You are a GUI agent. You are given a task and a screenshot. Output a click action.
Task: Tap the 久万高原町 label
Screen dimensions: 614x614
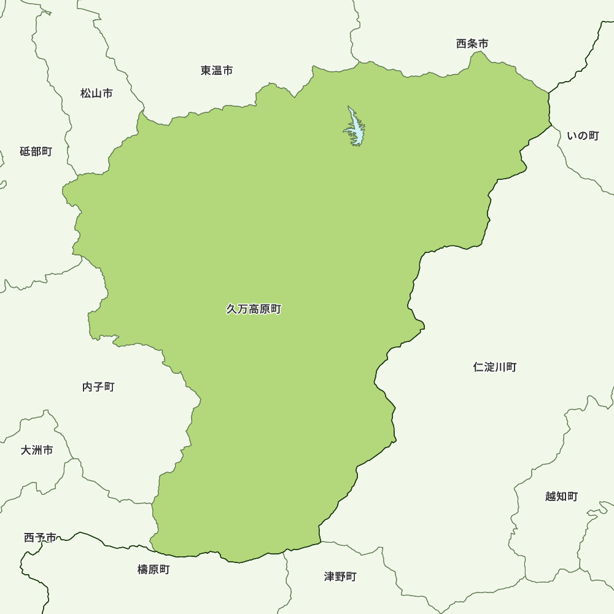pyautogui.click(x=254, y=309)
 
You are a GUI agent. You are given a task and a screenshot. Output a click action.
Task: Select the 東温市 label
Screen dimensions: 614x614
pyautogui.click(x=217, y=71)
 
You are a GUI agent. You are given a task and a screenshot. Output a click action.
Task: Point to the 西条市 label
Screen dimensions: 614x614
pyautogui.click(x=472, y=44)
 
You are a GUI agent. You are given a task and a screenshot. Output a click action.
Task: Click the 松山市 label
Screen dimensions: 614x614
pyautogui.click(x=96, y=93)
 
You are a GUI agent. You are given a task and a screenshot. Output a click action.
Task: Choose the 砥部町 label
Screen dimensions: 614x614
pyautogui.click(x=36, y=152)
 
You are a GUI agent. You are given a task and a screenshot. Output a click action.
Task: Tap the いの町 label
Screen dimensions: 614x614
pyautogui.click(x=583, y=136)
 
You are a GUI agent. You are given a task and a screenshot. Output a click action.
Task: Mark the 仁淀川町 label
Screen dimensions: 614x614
pyautogui.click(x=495, y=367)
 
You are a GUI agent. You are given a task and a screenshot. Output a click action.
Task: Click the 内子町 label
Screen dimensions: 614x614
pyautogui.click(x=98, y=387)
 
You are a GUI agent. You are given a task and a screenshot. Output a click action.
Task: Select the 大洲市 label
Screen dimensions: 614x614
pyautogui.click(x=37, y=450)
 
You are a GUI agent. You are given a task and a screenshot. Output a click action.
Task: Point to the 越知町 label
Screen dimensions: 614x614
pyautogui.click(x=561, y=496)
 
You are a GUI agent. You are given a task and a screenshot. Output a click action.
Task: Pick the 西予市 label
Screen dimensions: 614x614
pyautogui.click(x=40, y=538)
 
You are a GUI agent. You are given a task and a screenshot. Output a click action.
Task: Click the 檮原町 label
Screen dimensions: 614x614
pyautogui.click(x=153, y=570)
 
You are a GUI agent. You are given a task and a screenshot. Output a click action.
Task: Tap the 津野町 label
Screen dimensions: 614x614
pyautogui.click(x=340, y=577)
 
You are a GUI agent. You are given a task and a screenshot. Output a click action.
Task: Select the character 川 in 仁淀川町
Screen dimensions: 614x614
pyautogui.click(x=500, y=367)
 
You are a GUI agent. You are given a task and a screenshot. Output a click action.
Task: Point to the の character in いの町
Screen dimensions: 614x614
pyautogui.click(x=583, y=136)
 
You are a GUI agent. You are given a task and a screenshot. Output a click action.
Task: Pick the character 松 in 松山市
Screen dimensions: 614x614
pyautogui.click(x=85, y=93)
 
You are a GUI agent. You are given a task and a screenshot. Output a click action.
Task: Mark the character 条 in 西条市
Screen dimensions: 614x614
pyautogui.click(x=472, y=44)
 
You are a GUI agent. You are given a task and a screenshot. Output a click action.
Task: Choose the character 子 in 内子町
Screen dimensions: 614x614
pyautogui.click(x=98, y=387)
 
